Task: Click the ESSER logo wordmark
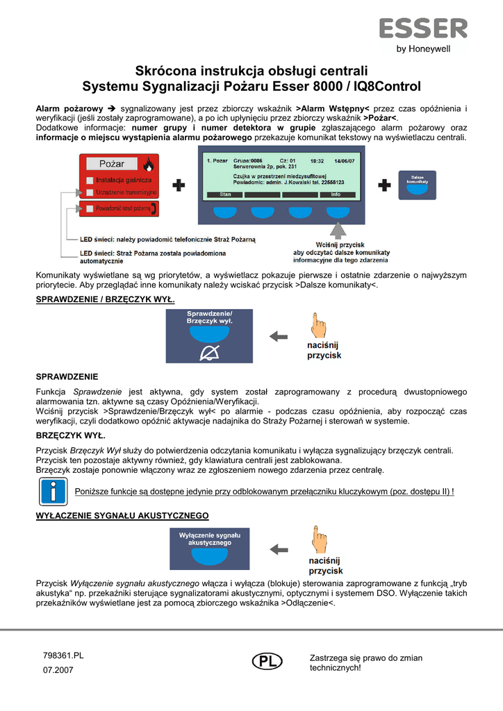[422, 28]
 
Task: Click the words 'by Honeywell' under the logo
[423, 49]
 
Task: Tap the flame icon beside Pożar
[147, 165]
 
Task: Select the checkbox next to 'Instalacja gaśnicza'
[90, 180]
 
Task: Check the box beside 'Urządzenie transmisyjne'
[90, 192]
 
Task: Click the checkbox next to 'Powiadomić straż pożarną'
[90, 208]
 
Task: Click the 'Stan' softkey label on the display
[225, 194]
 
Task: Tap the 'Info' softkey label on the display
[336, 194]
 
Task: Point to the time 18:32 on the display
[318, 160]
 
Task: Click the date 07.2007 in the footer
[58, 670]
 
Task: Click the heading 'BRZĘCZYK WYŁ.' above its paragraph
[70, 436]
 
